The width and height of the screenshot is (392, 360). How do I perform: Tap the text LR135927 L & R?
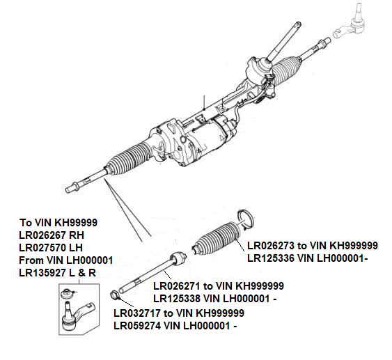(57, 272)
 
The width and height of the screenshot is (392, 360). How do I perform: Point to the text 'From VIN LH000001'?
(65, 260)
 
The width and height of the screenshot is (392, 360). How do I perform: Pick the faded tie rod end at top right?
(352, 25)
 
